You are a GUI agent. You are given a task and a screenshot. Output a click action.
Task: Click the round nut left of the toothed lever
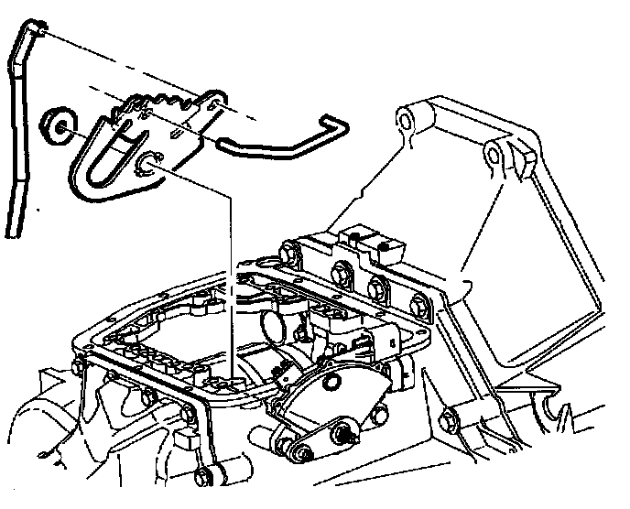pyautogui.click(x=58, y=125)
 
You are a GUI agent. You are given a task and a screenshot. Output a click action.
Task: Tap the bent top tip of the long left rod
pyautogui.click(x=34, y=29)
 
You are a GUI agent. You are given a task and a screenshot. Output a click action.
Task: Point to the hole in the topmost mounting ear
pyautogui.click(x=406, y=118)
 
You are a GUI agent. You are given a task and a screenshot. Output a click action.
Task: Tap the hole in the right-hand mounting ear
pyautogui.click(x=494, y=156)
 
